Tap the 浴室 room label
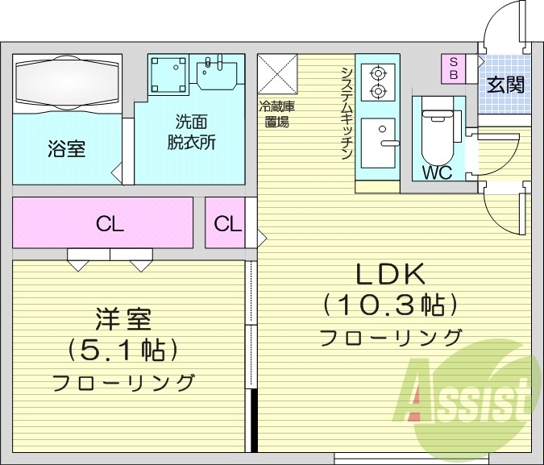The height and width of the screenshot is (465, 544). [x=67, y=149]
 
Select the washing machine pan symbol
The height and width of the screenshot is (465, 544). [x=168, y=74]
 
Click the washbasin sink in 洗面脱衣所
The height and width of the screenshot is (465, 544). [x=215, y=73]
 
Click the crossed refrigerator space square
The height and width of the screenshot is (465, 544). [x=277, y=74]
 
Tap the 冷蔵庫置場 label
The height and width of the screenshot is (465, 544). [x=277, y=114]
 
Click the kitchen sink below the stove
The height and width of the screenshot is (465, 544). [x=378, y=143]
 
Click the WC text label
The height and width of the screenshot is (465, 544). [x=435, y=172]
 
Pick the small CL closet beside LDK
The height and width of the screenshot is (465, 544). [x=228, y=223]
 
